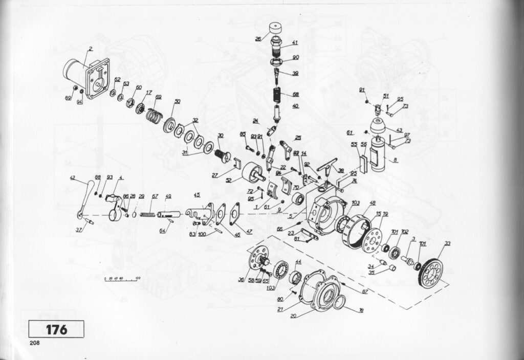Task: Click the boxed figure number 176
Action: click(56, 329)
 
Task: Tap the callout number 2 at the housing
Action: click(90, 49)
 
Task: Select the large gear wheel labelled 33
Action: click(438, 271)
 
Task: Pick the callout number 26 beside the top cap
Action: click(258, 39)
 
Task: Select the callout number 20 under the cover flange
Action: click(293, 316)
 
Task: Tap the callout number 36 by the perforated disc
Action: click(241, 279)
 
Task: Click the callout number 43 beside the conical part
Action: click(399, 130)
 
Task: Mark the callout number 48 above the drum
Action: click(373, 202)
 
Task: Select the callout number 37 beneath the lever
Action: click(79, 230)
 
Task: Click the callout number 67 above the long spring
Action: click(155, 196)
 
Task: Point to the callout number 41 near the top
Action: click(295, 42)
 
